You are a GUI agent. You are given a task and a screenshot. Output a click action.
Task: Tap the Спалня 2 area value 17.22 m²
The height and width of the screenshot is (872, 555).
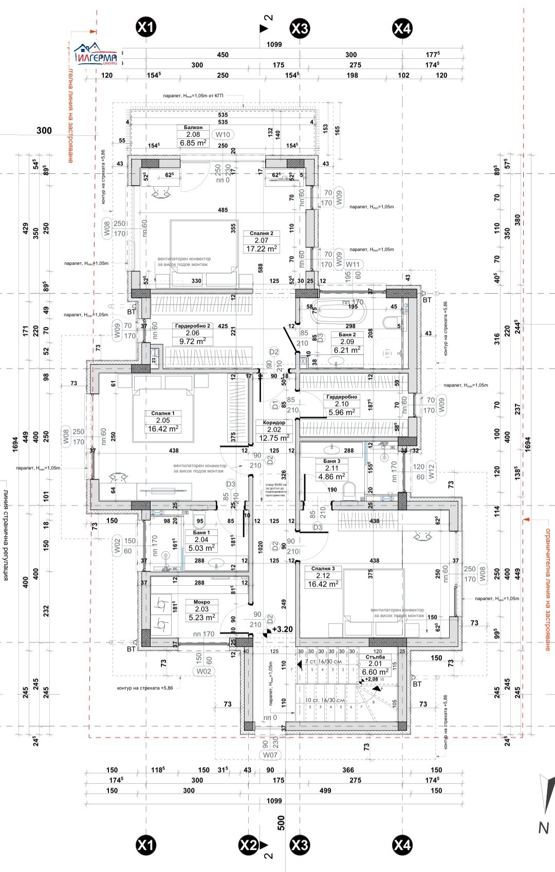262,249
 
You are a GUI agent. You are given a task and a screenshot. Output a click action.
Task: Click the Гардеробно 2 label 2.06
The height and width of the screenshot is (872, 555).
192,333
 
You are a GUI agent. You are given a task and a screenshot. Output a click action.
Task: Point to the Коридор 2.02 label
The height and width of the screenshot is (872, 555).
274,430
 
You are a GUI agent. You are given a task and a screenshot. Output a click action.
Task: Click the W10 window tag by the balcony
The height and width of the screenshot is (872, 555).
223,135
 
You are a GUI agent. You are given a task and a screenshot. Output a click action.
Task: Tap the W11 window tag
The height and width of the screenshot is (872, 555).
353,264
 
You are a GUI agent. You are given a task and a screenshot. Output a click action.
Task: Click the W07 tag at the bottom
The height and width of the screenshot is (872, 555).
270,755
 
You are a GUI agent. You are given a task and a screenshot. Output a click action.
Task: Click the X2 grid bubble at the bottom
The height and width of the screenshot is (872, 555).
248,844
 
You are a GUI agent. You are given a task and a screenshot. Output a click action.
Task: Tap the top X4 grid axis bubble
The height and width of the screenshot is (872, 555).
402,28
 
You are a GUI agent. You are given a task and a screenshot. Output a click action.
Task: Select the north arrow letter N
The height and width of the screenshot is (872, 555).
543,828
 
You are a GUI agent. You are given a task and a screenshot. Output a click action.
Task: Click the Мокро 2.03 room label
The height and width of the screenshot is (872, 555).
201,609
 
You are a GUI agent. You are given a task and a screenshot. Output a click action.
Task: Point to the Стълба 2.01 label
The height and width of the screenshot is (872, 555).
375,664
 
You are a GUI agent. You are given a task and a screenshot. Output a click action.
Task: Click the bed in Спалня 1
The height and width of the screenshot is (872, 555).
163,414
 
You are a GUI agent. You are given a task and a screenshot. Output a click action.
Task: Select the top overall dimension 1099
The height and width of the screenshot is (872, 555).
274,44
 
